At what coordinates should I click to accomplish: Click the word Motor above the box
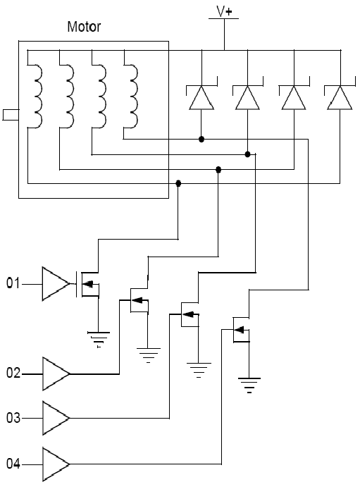84,27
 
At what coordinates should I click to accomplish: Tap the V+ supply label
224,12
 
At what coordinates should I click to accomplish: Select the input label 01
13,283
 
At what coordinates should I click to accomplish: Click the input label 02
13,373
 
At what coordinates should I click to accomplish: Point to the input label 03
13,418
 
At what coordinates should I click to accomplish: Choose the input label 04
13,464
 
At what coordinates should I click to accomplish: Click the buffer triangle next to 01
56,284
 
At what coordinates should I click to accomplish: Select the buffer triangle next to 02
56,373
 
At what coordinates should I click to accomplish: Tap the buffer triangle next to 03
56,418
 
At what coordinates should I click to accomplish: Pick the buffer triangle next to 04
56,464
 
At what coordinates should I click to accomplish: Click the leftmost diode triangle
201,98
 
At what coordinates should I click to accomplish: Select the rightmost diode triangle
340,98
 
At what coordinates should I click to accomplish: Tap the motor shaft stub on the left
11,115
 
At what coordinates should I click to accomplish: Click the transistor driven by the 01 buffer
87,284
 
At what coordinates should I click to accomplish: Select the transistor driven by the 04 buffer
241,330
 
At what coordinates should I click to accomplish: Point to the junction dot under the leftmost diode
201,140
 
